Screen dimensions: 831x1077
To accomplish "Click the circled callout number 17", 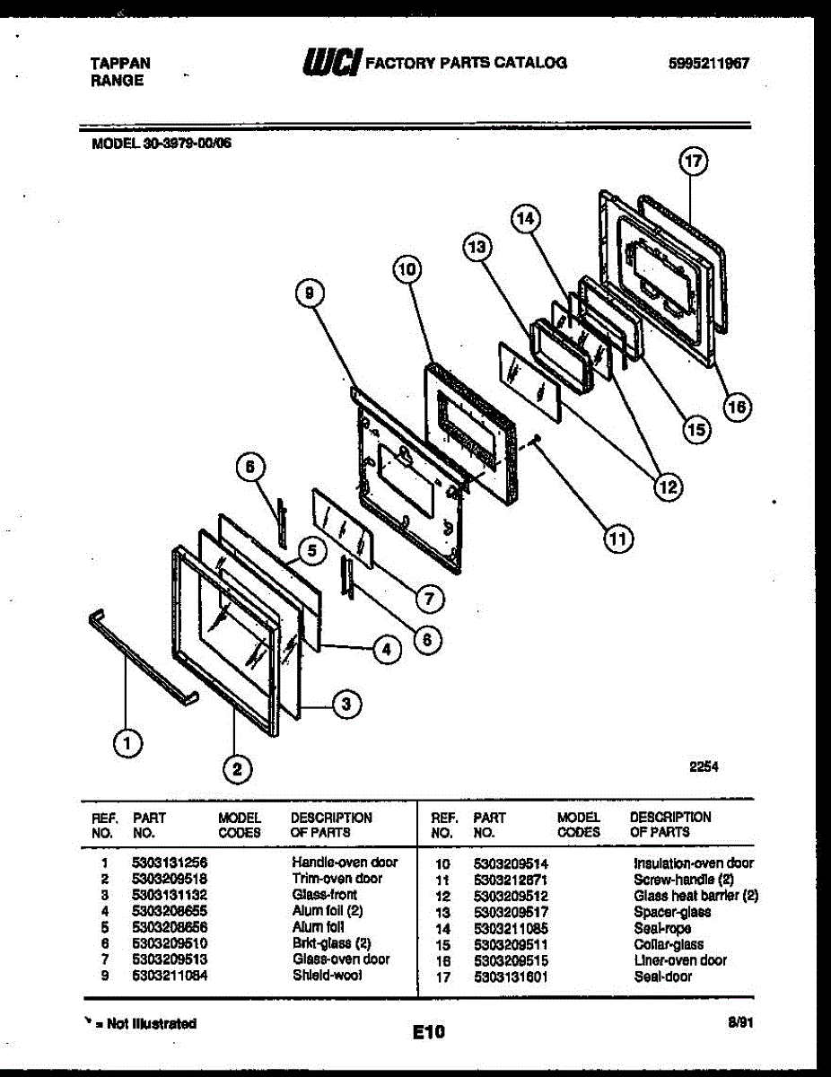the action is pos(693,162).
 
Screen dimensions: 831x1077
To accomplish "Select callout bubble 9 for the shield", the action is pos(308,291).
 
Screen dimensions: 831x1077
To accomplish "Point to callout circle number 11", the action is pos(617,538).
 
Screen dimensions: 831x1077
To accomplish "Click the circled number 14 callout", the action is pos(525,218).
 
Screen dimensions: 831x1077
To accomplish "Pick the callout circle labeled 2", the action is pos(237,767).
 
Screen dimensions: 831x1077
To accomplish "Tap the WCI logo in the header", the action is pos(332,62).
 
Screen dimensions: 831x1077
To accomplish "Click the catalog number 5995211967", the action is pos(708,64).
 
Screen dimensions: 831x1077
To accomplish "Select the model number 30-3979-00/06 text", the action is pos(162,141).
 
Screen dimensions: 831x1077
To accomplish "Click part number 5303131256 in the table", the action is pos(170,862).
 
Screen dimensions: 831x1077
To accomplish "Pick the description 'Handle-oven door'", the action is pos(345,862).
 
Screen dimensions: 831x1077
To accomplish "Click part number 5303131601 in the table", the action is pos(511,976).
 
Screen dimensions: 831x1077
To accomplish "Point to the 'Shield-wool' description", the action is pos(327,976).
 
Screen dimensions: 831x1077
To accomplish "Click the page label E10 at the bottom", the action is pos(429,1033).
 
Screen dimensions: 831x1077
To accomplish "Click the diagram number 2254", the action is pos(704,767).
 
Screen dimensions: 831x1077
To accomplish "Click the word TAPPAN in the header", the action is pos(120,64).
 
